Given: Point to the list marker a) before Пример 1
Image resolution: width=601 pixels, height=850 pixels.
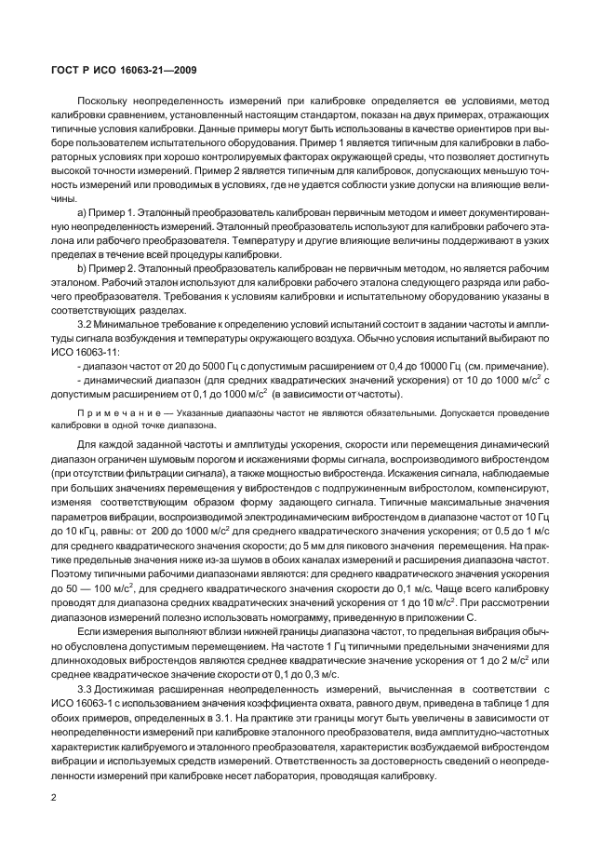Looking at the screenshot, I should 82,215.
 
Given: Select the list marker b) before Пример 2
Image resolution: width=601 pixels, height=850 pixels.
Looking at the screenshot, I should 82,268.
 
